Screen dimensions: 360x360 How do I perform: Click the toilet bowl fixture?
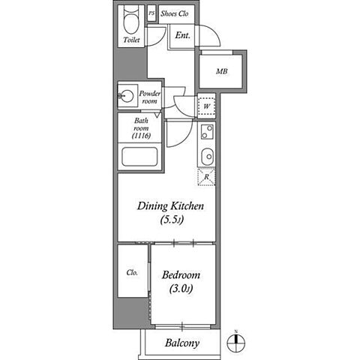[x=131, y=19]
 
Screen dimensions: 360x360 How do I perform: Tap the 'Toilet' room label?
[x=131, y=40]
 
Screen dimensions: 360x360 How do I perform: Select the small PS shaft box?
[x=151, y=13]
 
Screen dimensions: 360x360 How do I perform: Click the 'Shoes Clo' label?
[x=175, y=13]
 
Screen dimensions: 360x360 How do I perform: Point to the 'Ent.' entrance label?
[x=182, y=35]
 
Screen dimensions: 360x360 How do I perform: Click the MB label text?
[x=222, y=71]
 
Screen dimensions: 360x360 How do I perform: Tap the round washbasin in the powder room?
[x=127, y=96]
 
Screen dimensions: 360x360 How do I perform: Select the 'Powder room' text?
[x=150, y=97]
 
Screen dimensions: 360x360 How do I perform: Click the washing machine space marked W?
[x=206, y=106]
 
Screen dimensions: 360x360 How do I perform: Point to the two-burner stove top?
[x=207, y=132]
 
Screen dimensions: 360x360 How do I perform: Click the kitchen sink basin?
[x=208, y=157]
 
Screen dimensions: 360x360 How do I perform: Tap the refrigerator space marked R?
[x=206, y=177]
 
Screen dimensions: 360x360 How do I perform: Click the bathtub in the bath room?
[x=139, y=157]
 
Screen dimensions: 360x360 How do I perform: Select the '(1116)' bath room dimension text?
[x=142, y=136]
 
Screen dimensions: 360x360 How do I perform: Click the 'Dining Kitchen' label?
[x=170, y=206]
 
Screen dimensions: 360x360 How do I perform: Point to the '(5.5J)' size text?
[x=172, y=220]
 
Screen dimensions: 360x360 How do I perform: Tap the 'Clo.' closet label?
[x=132, y=272]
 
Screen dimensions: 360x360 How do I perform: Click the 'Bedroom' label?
[x=181, y=275]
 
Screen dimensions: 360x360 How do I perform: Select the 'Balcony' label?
[x=182, y=343]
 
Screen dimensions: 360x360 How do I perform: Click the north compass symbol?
[x=236, y=342]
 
